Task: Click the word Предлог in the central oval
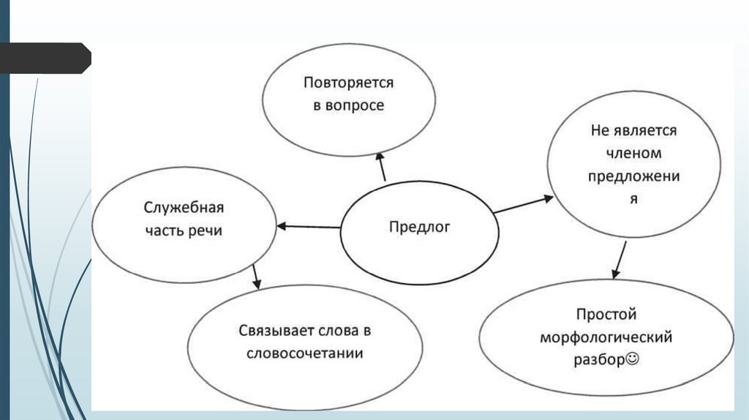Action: coord(419,227)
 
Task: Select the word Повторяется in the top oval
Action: coord(349,83)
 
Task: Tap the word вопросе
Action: coord(356,105)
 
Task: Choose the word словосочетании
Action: coord(305,353)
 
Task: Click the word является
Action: coord(645,131)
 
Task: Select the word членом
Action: coord(633,154)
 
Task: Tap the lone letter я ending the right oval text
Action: coord(635,198)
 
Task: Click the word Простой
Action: coord(606,315)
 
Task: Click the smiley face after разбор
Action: coord(633,360)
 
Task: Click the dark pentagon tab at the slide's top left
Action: coord(44,58)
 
